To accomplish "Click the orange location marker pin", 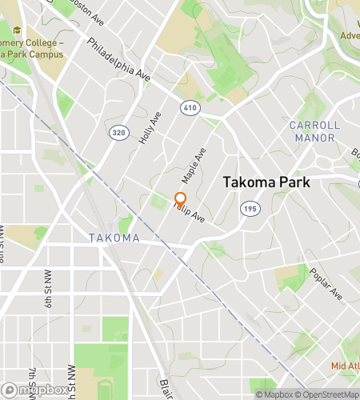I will (180, 199).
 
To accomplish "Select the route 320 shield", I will (118, 132).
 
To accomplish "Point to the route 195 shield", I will (249, 208).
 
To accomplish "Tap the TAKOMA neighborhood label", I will (114, 238).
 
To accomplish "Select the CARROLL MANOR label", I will (314, 132).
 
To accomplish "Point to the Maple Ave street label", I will (194, 162).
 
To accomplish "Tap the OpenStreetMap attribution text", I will (327, 394).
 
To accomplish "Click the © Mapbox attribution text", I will (274, 394).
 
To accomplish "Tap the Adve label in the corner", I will (349, 35).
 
